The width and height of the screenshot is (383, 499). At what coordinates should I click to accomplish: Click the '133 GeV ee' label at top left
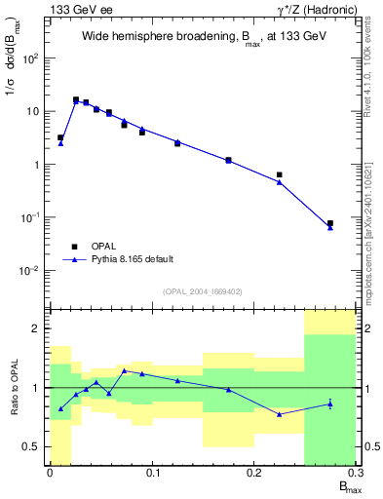[x=79, y=9]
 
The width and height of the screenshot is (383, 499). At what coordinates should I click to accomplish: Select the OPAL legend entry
[x=105, y=247]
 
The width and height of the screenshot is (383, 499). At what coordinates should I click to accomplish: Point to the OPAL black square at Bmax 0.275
[x=330, y=223]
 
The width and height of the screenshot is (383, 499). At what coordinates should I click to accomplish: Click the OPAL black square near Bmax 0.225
[x=280, y=175]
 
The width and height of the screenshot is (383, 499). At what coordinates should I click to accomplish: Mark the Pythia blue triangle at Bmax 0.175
[x=228, y=160]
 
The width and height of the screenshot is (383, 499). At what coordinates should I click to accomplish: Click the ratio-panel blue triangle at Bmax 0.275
[x=330, y=403]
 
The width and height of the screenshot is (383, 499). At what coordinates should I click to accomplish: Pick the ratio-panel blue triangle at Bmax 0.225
[x=280, y=414]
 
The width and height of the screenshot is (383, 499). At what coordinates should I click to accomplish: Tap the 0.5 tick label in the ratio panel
[x=33, y=447]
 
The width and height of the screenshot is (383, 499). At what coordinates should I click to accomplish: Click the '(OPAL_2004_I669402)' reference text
[x=203, y=291]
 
